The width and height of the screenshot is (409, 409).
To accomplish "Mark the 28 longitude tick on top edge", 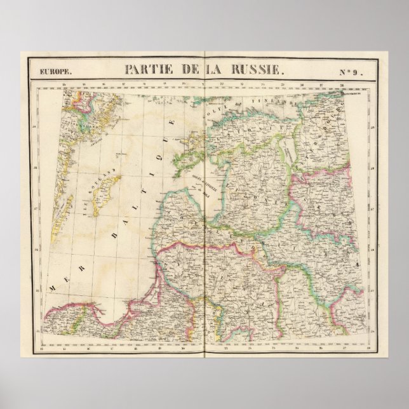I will pyautogui.click(x=342, y=84).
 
